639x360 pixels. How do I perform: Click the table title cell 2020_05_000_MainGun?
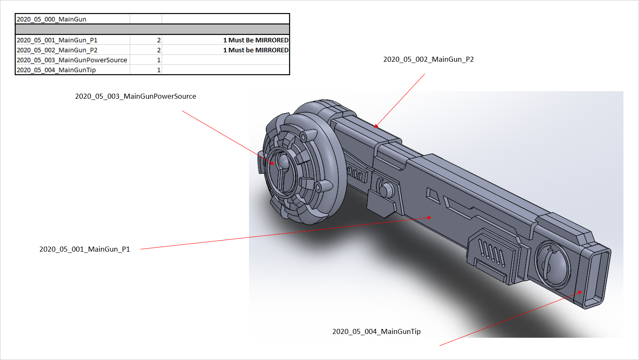click(x=51, y=19)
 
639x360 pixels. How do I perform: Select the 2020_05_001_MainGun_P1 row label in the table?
click(x=57, y=40)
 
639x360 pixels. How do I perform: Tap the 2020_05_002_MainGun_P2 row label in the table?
click(x=57, y=50)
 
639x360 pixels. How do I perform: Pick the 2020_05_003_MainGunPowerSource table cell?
click(x=72, y=60)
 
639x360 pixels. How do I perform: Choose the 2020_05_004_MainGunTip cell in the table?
click(x=56, y=70)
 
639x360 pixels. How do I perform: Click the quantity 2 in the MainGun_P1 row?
click(x=159, y=40)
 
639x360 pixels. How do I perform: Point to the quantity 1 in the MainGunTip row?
click(x=159, y=70)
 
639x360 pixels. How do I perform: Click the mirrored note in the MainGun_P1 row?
click(x=256, y=40)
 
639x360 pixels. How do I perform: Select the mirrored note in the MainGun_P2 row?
click(x=256, y=50)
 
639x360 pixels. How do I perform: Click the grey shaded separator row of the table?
click(x=152, y=29)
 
